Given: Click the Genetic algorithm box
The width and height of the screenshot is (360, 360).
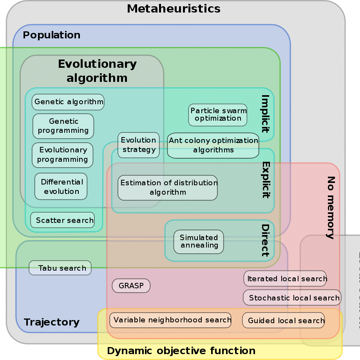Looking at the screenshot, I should (x=68, y=102).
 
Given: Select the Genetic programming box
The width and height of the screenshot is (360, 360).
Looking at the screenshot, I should (x=63, y=126).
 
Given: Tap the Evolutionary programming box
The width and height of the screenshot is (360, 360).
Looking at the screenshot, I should (x=62, y=155).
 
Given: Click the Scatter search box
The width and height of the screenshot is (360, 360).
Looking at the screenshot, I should (x=63, y=220).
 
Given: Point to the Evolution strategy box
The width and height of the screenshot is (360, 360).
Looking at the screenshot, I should (x=138, y=145).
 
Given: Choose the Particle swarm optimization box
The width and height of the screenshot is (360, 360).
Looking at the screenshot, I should (x=218, y=115).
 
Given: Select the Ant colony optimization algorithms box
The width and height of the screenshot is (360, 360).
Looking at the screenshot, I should (x=213, y=145).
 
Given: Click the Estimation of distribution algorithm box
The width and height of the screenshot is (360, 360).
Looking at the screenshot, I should (x=168, y=188).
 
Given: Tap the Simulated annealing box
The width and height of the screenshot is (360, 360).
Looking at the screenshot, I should (x=199, y=241).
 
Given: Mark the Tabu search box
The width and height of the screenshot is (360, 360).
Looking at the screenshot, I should (x=60, y=268).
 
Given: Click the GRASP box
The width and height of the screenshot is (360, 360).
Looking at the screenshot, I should (x=131, y=286).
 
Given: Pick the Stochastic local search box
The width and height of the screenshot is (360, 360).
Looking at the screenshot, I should (x=292, y=298).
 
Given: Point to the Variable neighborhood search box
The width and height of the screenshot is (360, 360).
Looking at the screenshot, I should (x=170, y=320).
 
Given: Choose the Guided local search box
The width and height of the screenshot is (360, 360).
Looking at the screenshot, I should (x=284, y=320).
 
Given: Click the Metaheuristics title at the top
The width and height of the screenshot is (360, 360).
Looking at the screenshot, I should (x=174, y=9).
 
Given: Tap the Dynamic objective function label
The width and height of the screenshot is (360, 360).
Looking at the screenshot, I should (x=181, y=351).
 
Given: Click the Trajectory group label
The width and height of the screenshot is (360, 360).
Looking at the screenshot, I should (x=52, y=322).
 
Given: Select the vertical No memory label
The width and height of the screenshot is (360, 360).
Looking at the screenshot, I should (x=331, y=207).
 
